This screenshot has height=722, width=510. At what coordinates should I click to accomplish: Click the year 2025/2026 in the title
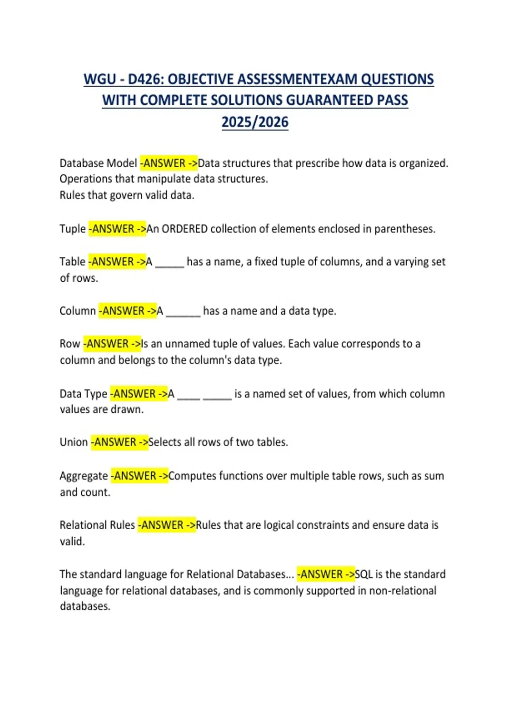click(x=255, y=122)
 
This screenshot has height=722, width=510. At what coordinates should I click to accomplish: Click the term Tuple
click(x=73, y=229)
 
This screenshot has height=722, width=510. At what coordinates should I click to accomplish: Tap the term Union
click(x=74, y=442)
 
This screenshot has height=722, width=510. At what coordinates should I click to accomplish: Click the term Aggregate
click(x=84, y=476)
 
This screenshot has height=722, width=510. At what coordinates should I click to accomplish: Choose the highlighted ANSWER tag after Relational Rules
click(x=167, y=525)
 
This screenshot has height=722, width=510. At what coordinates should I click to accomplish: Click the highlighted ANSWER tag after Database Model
click(x=169, y=163)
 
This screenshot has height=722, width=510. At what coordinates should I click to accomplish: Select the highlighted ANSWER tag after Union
click(x=119, y=442)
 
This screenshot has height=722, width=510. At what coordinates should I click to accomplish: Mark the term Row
click(x=70, y=344)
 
